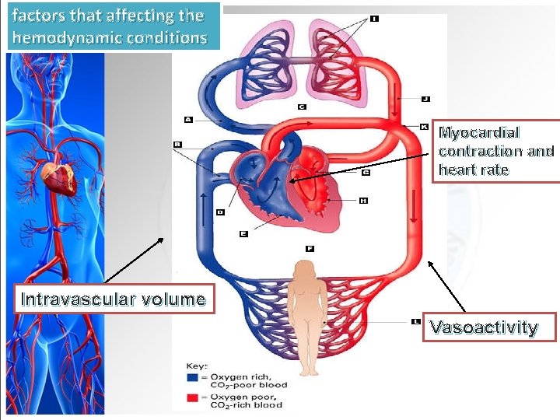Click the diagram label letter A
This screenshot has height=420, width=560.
click(188, 119)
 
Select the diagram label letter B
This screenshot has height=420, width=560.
click(177, 144)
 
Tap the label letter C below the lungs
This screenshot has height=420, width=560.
click(301, 107)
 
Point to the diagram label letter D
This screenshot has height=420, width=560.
click(220, 212)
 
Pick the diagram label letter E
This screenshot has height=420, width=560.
click(243, 233)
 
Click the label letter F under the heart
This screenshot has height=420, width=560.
click(310, 249)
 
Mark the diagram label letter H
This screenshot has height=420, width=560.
click(363, 201)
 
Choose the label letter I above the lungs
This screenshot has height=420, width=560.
click(374, 19)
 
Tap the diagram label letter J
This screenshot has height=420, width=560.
click(425, 99)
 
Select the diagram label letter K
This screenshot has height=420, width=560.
click(424, 126)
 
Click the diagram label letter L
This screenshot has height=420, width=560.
click(418, 320)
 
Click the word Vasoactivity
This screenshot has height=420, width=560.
click(484, 327)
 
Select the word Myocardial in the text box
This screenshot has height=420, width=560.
click(479, 133)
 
